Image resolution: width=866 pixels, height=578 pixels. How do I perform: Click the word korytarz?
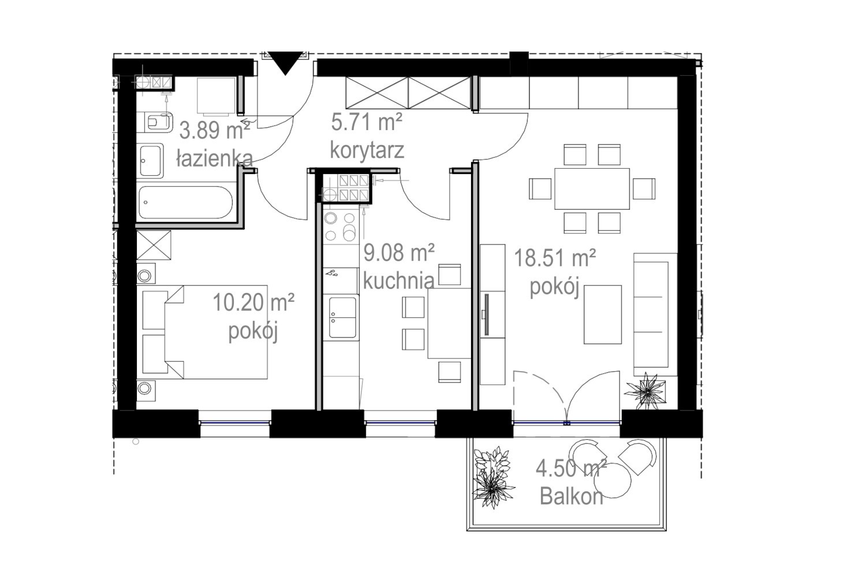(367, 150)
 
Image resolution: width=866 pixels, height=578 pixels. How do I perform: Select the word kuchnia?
(398, 281)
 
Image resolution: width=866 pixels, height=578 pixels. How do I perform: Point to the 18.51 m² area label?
(555, 258)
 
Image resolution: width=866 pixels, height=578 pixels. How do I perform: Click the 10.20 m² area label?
(253, 302)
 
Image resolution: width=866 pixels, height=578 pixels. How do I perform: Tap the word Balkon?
(572, 496)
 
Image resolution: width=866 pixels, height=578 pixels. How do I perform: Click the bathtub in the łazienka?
(186, 202)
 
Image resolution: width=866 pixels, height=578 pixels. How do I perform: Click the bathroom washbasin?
(150, 161)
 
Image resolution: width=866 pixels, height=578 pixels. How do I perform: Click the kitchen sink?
(342, 317)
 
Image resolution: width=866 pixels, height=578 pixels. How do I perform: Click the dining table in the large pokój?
(592, 188)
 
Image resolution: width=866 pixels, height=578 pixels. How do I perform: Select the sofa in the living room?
(655, 314)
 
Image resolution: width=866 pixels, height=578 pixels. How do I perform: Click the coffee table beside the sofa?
(603, 314)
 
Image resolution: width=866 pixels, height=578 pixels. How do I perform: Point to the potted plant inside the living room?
(645, 391)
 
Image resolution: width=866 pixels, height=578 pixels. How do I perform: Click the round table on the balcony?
(613, 480)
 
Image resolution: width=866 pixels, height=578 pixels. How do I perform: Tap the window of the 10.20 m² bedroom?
(234, 423)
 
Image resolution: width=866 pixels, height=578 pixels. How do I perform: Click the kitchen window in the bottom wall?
(400, 423)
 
